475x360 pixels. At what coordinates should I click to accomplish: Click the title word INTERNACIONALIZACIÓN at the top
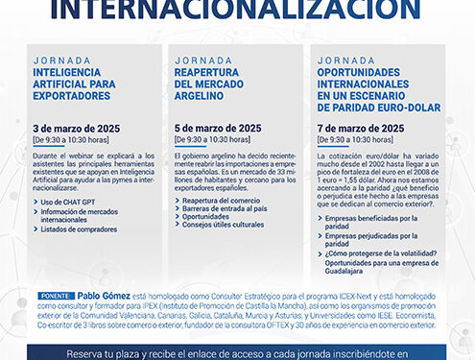pos(237,10)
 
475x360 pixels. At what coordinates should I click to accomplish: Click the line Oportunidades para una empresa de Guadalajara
pos(379,268)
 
